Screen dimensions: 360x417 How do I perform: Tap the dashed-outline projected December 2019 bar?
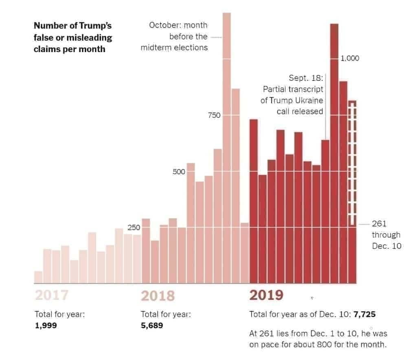353,163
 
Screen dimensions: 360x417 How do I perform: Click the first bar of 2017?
38,277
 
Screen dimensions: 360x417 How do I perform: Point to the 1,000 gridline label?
350,58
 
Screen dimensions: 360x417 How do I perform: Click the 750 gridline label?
214,116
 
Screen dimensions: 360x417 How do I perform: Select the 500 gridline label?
179,172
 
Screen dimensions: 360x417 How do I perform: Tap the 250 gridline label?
134,228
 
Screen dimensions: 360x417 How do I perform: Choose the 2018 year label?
158,295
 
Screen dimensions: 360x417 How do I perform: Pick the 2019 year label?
266,295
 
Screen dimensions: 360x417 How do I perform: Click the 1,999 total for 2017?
46,325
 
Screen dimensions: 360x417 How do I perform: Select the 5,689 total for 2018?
152,325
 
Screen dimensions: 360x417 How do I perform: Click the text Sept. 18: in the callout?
305,78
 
